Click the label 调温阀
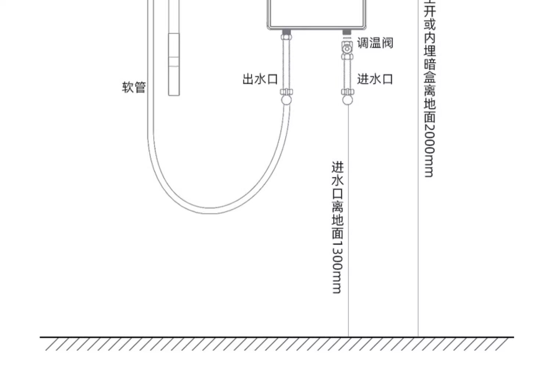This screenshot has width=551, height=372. [375, 43]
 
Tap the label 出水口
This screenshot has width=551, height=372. [260, 79]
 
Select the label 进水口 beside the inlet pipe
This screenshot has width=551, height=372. [375, 79]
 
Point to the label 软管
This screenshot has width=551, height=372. [134, 87]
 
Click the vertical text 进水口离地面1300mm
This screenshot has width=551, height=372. [338, 227]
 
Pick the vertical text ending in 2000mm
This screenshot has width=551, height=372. [429, 88]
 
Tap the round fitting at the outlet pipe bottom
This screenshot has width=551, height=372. [286, 100]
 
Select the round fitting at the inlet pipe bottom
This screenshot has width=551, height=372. [347, 100]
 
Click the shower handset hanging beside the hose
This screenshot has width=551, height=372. [174, 64]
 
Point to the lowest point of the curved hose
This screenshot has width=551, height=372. [211, 211]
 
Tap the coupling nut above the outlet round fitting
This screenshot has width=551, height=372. [286, 92]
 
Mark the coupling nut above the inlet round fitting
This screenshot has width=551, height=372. [347, 92]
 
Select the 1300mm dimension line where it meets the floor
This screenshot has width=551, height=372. [348, 336]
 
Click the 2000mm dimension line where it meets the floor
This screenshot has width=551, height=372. [418, 336]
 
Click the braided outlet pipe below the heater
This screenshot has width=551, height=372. [286, 64]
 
